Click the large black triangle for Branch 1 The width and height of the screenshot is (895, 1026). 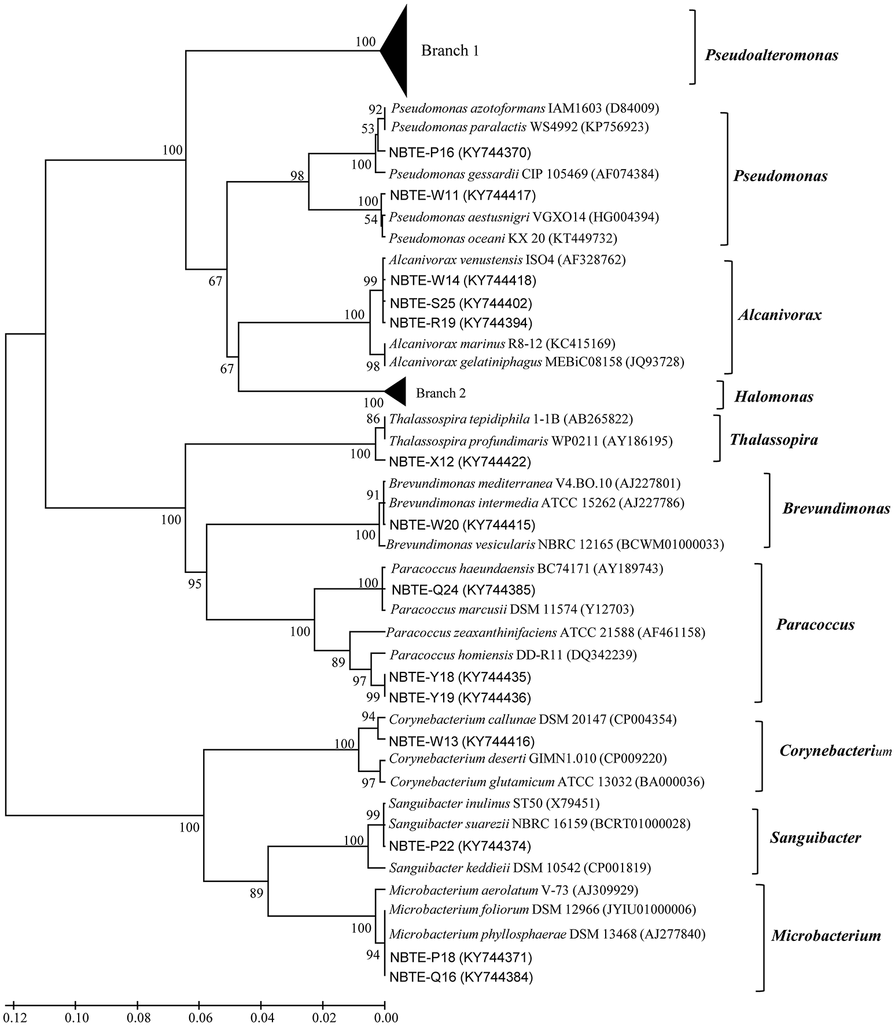[397, 51]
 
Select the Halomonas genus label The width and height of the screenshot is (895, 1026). [774, 396]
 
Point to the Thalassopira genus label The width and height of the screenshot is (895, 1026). [774, 440]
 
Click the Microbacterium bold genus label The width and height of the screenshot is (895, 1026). [826, 936]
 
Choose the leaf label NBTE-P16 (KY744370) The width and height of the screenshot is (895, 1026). [461, 152]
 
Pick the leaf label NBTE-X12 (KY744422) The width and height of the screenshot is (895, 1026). [461, 462]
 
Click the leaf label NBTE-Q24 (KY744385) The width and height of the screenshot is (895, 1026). [463, 590]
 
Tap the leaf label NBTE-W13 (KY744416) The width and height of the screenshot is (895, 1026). [462, 741]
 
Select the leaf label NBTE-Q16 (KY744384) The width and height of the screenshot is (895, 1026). [461, 977]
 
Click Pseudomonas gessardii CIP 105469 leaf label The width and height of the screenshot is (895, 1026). [524, 174]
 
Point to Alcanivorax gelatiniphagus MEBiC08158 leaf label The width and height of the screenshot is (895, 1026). [536, 362]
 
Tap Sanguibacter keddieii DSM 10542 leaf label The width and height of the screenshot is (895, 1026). [520, 867]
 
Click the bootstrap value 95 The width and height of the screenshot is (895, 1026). [194, 584]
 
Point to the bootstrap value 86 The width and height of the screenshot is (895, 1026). [373, 419]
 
